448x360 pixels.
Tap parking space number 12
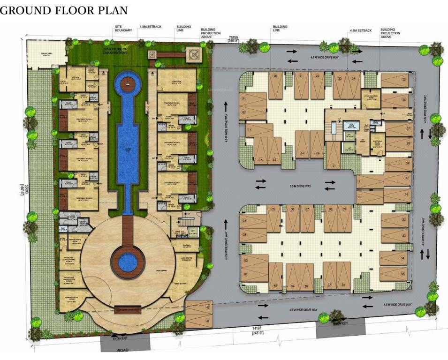coord(333,156)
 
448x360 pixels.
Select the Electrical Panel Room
coord(377,143)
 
